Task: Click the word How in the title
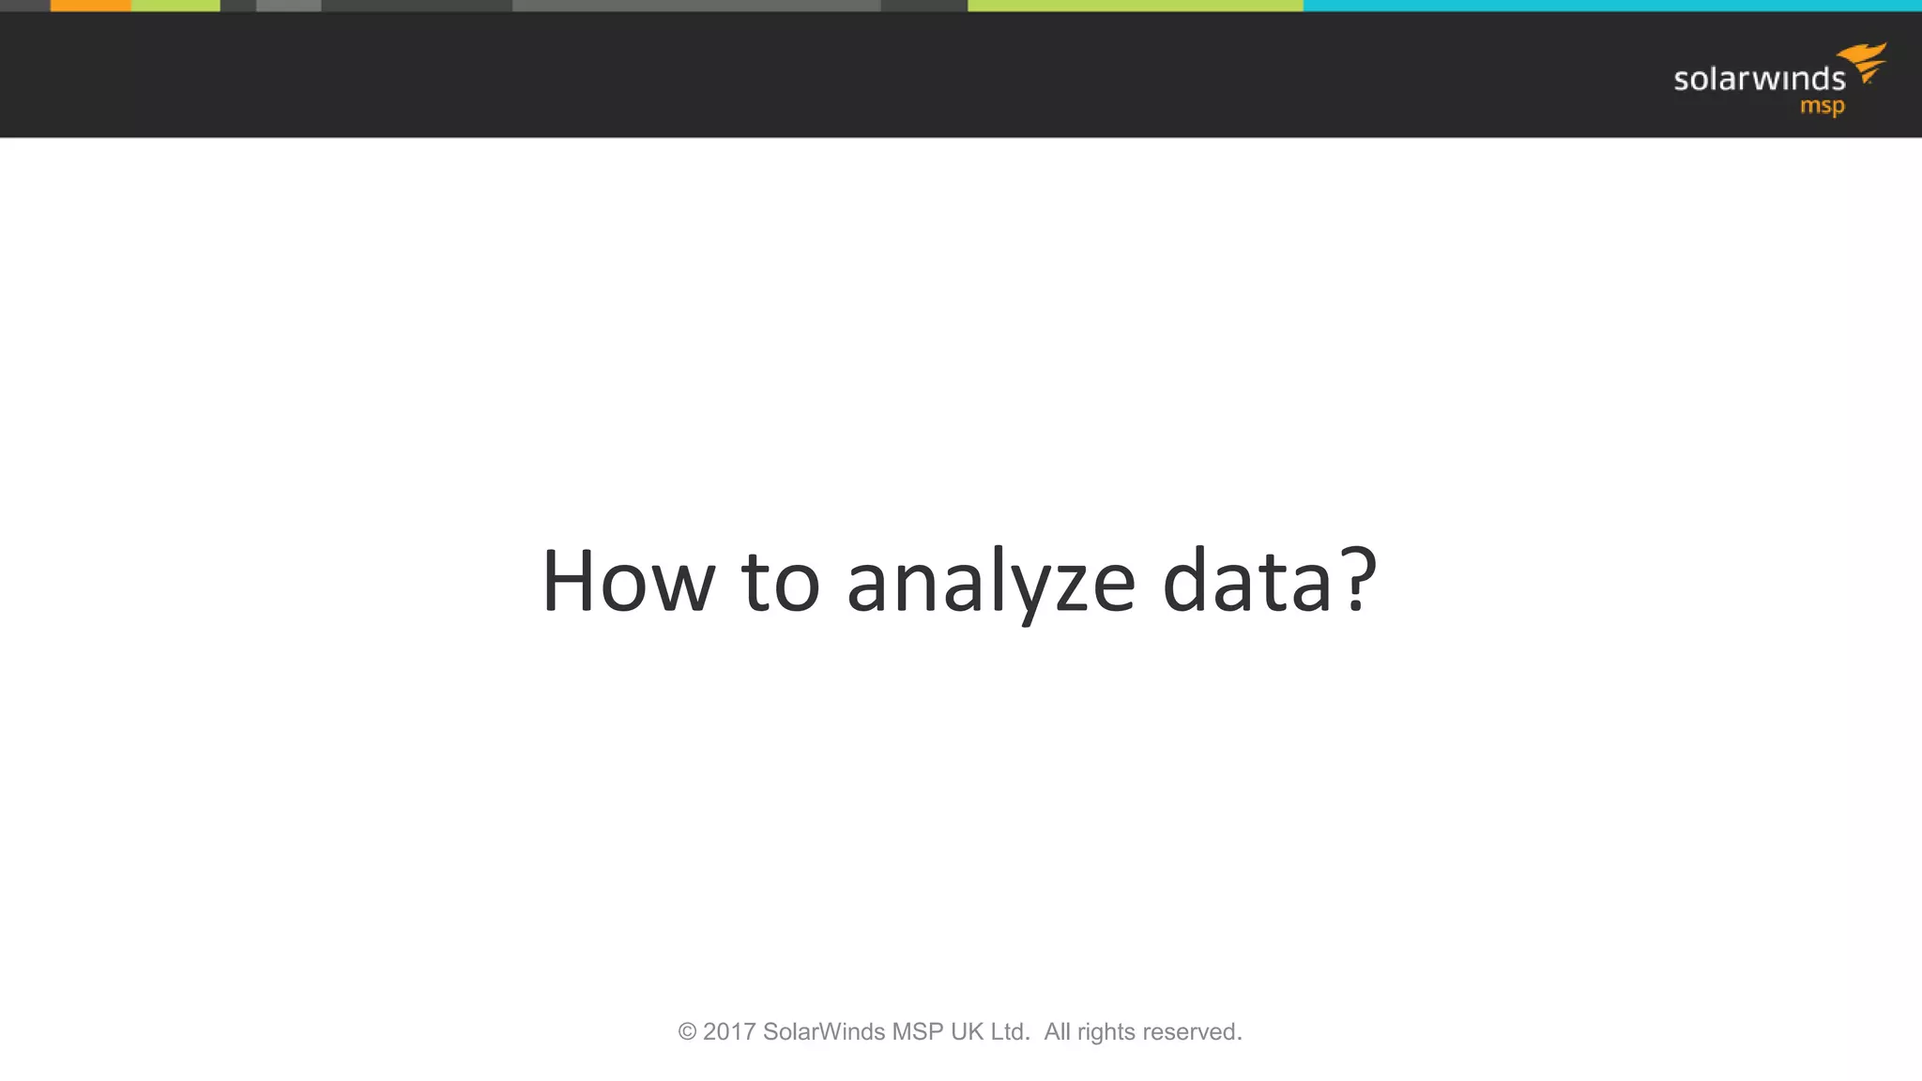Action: click(628, 582)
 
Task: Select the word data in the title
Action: click(1247, 582)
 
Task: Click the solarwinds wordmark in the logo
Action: click(1759, 79)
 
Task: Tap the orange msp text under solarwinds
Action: click(1822, 107)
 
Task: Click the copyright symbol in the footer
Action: click(687, 1032)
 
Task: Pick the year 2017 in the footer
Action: click(729, 1032)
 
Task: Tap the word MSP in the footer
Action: click(917, 1032)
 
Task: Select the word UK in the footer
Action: click(967, 1032)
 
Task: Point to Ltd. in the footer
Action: click(1010, 1032)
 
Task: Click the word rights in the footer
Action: click(1106, 1032)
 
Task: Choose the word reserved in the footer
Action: click(1191, 1032)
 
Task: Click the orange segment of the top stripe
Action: click(90, 6)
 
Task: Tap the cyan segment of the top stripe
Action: click(1612, 6)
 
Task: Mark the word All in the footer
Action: click(1057, 1032)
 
